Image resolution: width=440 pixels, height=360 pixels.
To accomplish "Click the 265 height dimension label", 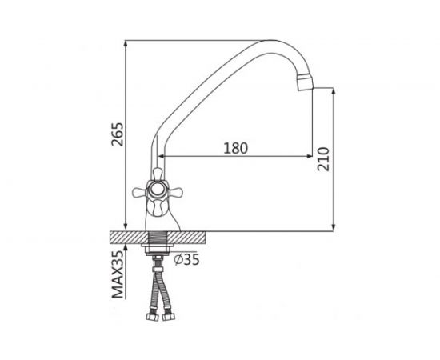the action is click(118, 134).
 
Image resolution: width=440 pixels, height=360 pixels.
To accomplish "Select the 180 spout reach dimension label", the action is click(236, 148).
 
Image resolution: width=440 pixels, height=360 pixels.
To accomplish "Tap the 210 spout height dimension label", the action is click(323, 159).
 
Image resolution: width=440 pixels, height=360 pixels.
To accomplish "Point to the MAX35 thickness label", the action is click(118, 274).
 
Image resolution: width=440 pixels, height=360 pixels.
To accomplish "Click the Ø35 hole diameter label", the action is click(186, 259).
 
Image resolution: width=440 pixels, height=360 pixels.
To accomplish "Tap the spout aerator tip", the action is click(305, 82).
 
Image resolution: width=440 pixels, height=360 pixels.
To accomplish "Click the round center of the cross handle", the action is click(157, 190).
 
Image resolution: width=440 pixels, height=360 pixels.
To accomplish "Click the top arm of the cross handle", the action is click(158, 174).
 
